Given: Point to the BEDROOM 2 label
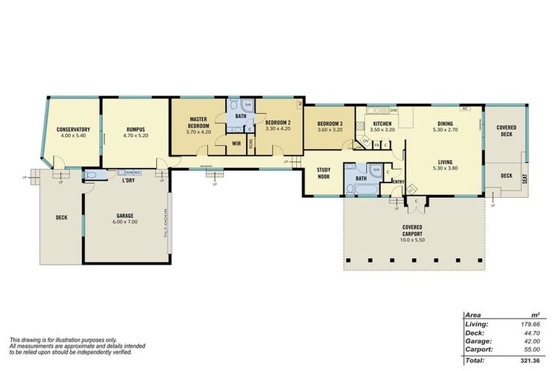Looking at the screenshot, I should (277, 122).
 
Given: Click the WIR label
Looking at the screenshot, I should (236, 143).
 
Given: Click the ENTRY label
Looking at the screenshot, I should (398, 182).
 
